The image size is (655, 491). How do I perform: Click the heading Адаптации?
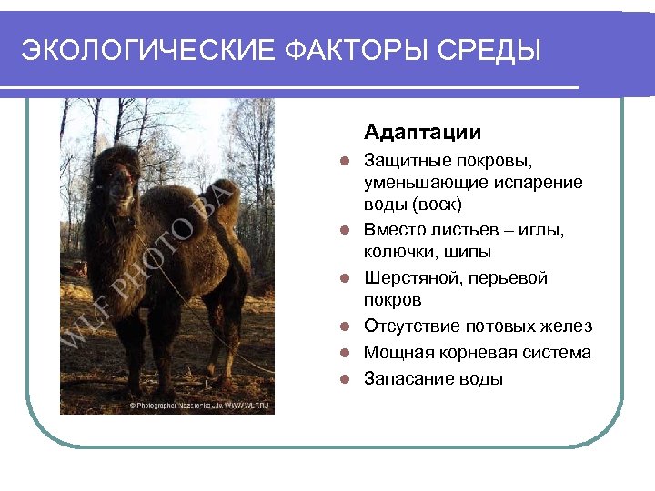click(422, 134)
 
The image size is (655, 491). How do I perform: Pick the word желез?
click(565, 326)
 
